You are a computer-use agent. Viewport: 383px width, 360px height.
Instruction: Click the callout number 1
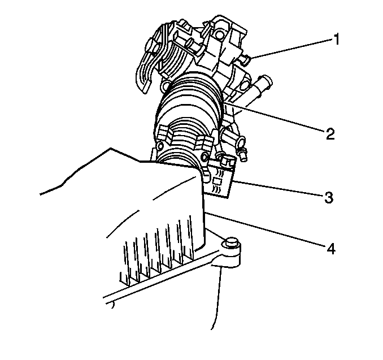(337, 40)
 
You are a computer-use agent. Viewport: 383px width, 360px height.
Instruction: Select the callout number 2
(330, 133)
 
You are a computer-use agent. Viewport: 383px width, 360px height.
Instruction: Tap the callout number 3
(329, 197)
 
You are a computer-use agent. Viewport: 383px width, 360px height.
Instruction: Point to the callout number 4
(330, 249)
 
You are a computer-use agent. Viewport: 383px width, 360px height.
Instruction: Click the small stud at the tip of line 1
(246, 59)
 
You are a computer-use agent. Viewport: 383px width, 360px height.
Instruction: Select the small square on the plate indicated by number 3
(217, 181)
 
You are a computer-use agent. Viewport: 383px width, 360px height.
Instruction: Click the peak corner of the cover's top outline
(111, 148)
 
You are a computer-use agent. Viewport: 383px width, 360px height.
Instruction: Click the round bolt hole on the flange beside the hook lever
(166, 86)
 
